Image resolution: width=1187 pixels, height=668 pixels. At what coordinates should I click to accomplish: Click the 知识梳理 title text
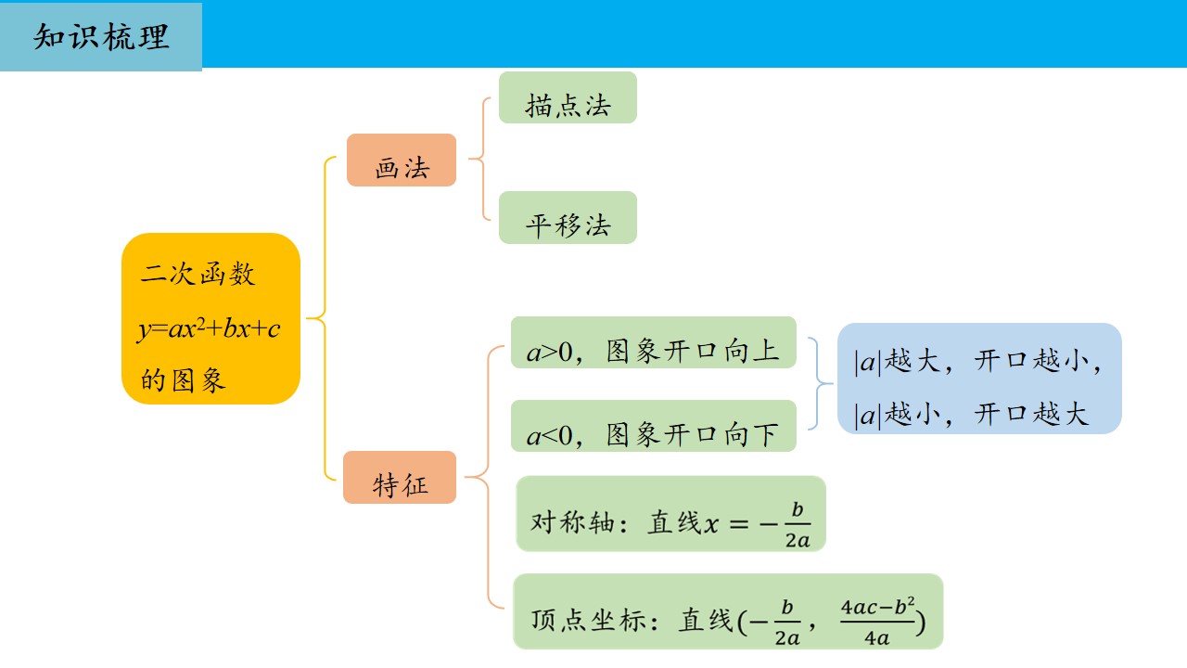coord(101,37)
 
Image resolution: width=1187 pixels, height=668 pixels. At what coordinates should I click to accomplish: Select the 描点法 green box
coord(568,97)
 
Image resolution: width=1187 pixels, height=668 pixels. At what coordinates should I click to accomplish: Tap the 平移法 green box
coord(568,217)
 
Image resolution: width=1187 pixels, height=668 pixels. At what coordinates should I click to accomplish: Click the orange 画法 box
coord(402,160)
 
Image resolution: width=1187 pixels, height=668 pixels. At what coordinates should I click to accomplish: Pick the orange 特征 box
coord(400,477)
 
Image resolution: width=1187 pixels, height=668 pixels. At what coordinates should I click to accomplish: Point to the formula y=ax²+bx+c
coord(209,329)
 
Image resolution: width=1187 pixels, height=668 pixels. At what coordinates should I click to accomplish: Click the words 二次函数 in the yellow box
coord(198,274)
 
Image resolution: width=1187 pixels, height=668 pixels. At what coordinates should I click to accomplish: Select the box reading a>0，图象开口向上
coord(654,342)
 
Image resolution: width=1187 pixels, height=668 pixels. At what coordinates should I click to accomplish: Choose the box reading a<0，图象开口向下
coord(654,426)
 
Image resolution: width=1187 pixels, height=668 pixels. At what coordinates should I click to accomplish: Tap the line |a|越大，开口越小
coord(978,362)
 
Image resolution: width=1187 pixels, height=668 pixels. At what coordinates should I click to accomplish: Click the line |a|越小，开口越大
coord(971,414)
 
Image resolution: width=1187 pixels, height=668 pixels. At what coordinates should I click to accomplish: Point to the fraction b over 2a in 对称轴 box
coord(798,524)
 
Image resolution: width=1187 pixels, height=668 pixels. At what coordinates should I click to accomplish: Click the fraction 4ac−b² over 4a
coord(877,622)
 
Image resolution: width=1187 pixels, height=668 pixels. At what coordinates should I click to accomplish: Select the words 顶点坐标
coord(588,620)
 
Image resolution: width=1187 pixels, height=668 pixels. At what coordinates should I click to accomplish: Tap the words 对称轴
coord(572,522)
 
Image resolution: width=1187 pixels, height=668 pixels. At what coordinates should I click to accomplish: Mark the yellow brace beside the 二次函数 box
coord(325,318)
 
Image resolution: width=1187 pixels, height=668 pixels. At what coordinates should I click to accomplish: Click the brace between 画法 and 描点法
coord(483,159)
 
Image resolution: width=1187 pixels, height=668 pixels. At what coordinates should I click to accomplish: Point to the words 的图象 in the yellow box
coord(183,380)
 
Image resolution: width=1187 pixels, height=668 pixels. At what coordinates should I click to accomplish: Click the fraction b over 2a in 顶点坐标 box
coord(787,622)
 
